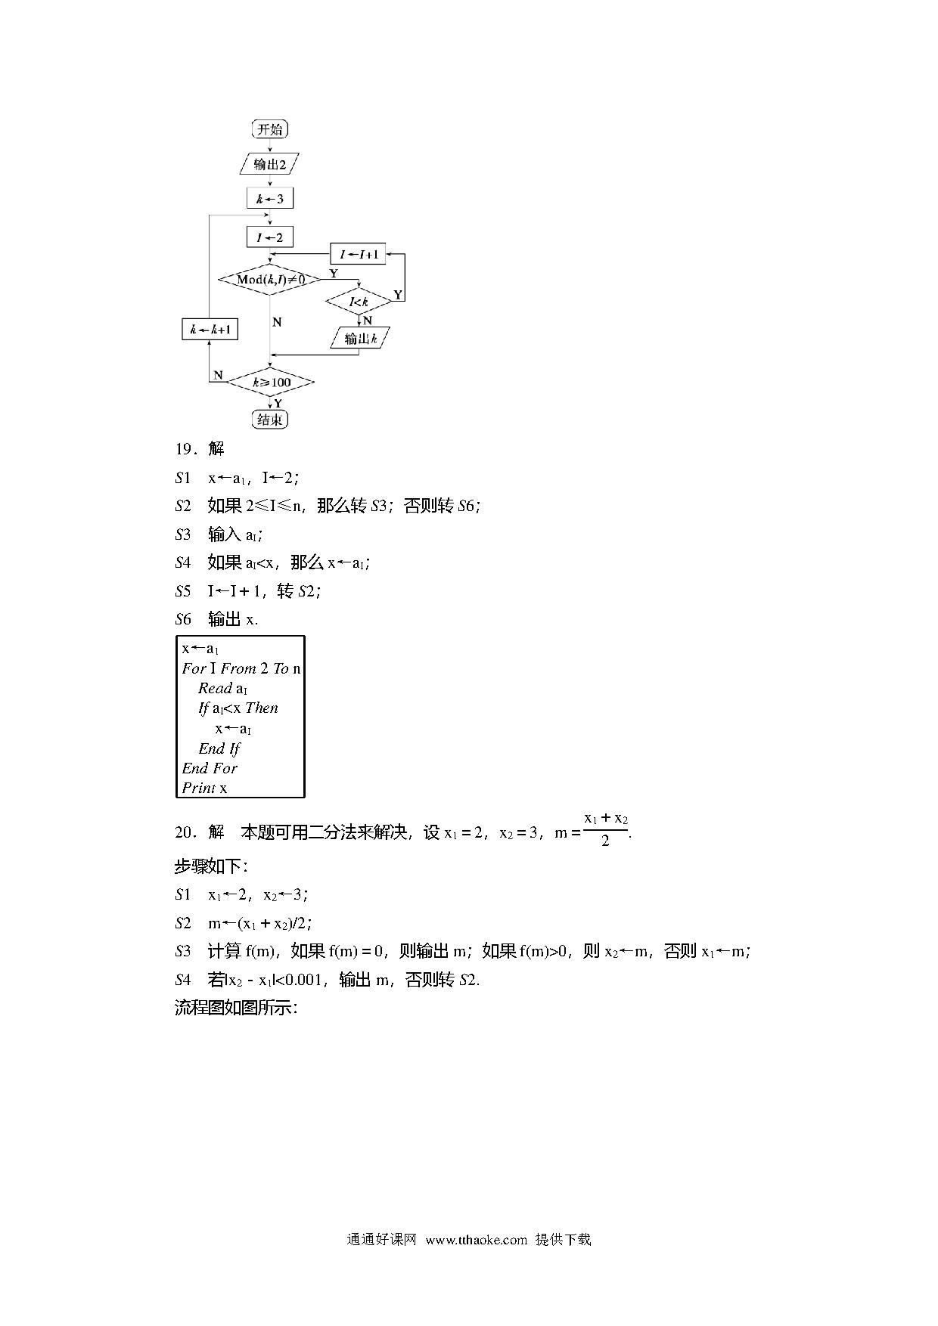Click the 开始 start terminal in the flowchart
click(270, 129)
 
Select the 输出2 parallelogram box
click(269, 164)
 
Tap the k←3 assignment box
click(270, 199)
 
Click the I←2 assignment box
click(270, 237)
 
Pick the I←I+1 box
click(359, 254)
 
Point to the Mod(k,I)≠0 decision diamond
click(270, 280)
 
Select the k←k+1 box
click(210, 330)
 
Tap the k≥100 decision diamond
click(270, 383)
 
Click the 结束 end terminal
click(270, 420)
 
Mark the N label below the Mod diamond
click(277, 322)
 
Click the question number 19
click(185, 449)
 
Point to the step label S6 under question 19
click(183, 619)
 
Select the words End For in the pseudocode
click(210, 768)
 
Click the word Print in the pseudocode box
click(199, 788)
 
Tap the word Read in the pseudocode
click(215, 688)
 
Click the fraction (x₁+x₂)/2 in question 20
click(606, 829)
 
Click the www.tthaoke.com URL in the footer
click(476, 1239)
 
